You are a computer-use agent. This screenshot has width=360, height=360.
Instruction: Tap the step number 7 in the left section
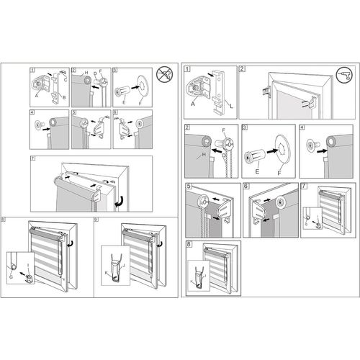coord(33,158)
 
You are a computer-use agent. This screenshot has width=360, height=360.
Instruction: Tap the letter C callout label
coord(66,78)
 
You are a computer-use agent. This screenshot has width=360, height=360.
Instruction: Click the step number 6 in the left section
coord(117,113)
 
